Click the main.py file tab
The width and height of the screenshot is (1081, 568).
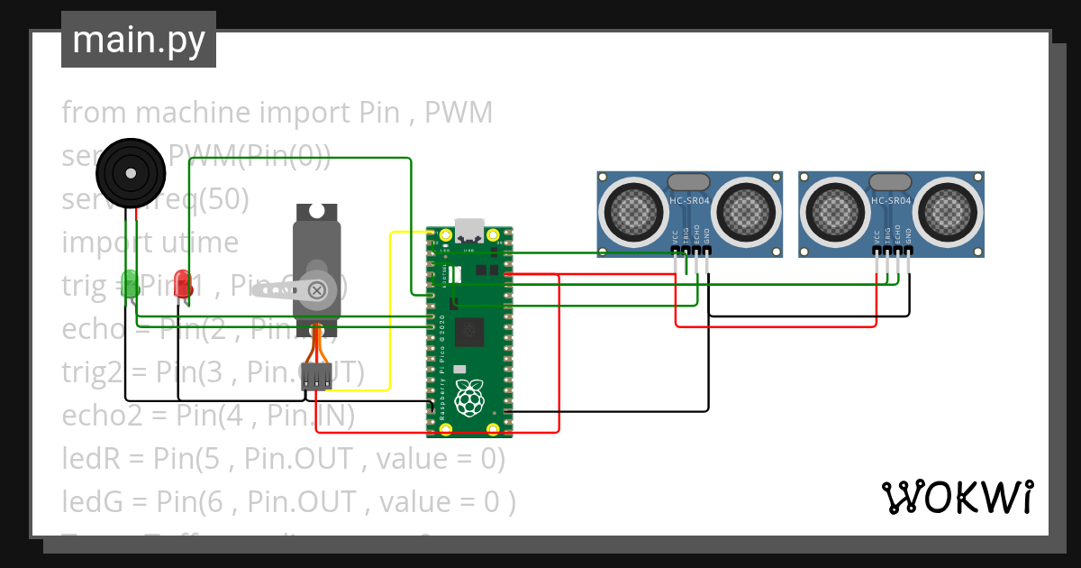138,40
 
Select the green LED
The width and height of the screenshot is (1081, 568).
131,283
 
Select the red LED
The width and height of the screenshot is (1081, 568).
183,283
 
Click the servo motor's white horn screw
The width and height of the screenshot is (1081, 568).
317,289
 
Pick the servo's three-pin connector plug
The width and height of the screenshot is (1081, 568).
317,377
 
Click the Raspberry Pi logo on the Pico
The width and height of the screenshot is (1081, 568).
468,398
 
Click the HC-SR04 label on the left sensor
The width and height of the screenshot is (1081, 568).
690,201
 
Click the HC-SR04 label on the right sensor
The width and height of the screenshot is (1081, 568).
892,201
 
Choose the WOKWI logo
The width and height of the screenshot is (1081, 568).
957,497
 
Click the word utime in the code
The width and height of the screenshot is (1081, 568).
196,243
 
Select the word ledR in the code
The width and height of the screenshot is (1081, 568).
90,459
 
